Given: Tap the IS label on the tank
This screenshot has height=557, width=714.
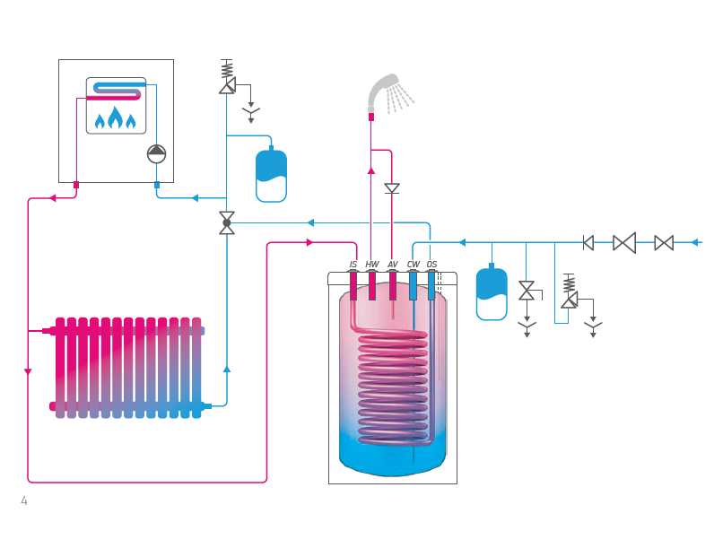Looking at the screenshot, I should pos(353,265).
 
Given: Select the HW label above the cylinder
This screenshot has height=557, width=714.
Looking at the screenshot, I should pos(372,265).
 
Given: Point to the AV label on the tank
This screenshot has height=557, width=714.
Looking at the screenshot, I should pos(393,265).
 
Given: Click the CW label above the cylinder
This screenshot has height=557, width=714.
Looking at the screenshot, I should pos(413,265).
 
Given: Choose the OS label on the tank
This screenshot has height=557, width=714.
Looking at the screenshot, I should pos(431,265).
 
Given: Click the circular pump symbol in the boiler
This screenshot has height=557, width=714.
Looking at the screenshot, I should pos(157,153).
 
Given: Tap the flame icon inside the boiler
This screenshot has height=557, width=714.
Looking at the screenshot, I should pos(116,118).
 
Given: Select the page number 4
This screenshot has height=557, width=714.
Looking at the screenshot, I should pos(24,501).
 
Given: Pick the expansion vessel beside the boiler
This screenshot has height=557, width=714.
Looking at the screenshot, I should pos(271,176).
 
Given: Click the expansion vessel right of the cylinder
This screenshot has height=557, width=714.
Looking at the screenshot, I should pos(492,293).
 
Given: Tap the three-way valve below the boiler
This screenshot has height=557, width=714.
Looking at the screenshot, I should pos(227,222).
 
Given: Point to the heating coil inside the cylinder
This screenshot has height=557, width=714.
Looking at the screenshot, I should pos(392,386).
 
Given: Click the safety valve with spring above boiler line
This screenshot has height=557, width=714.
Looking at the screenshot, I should pos(227,79).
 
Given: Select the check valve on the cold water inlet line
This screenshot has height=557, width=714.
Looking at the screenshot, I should pos(588,242).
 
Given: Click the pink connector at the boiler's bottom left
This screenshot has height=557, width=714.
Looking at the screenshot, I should pos(76,185).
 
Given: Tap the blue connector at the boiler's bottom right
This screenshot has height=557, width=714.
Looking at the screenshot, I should pos(157,185).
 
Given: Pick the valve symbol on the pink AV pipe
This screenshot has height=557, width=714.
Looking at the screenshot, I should pos(392,188).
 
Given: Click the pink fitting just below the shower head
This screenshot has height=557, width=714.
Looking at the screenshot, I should pos(371,117).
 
